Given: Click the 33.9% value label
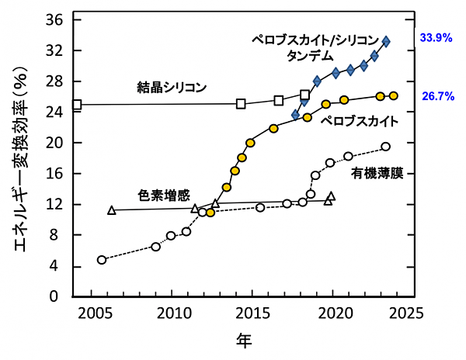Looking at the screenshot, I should pyautogui.click(x=436, y=36).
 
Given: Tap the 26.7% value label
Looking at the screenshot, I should pyautogui.click(x=436, y=97).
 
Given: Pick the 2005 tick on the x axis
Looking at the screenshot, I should pyautogui.click(x=97, y=313).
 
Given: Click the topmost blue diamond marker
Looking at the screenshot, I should pyautogui.click(x=387, y=42).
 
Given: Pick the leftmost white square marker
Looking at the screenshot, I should pyautogui.click(x=77, y=105).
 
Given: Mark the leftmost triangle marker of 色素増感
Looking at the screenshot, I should pyautogui.click(x=112, y=210).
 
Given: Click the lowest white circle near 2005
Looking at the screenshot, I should pyautogui.click(x=101, y=260).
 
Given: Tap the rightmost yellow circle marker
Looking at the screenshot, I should pyautogui.click(x=393, y=95).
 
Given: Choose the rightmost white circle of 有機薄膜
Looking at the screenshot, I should pyautogui.click(x=385, y=147).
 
